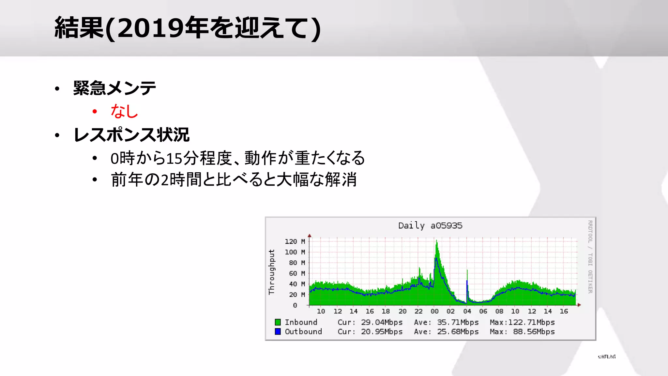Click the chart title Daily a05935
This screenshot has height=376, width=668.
point(430,226)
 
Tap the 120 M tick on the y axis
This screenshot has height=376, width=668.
point(295,242)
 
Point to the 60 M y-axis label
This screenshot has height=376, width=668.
point(296,274)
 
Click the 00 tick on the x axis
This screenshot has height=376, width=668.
point(434,311)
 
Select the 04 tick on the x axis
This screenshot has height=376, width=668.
point(467,311)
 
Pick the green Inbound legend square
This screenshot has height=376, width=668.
point(278,322)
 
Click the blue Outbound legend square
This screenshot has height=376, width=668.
point(278,332)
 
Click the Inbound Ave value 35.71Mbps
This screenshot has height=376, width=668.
point(458,322)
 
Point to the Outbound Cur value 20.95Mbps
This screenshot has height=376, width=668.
point(382,332)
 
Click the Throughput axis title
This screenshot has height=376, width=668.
point(272,272)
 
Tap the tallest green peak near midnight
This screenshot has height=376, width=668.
point(437,243)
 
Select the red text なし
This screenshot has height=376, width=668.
point(124,111)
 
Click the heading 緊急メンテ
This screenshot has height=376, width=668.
point(114,88)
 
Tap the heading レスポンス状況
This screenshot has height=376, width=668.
point(131,135)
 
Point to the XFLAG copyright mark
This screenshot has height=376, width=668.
point(607,357)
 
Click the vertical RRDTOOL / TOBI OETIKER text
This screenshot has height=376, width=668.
point(590,257)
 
